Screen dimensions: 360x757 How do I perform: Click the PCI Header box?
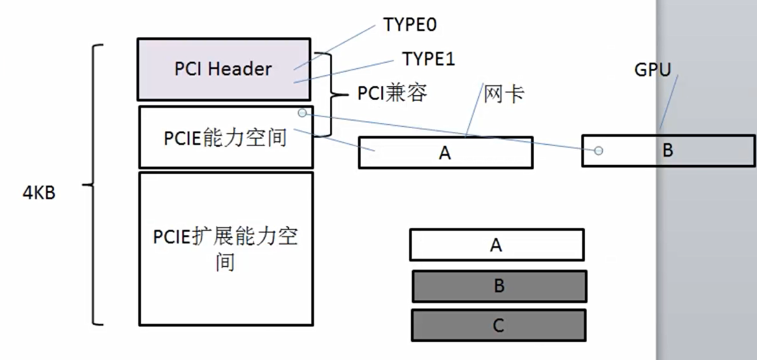tap(223, 69)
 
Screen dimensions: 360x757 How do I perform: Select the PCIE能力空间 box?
tap(225, 137)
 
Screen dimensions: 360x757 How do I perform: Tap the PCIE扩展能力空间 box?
tap(226, 248)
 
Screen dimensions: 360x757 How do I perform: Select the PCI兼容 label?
tap(391, 94)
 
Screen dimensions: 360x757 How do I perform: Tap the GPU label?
tap(652, 70)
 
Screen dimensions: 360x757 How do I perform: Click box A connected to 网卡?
tap(445, 152)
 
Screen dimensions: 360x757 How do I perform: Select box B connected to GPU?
tap(668, 151)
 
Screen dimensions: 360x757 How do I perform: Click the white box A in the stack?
tap(496, 245)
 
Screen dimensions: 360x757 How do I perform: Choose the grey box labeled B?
tap(499, 286)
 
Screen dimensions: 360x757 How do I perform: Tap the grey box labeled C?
tap(498, 326)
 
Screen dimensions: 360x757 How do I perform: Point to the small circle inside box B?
tap(598, 151)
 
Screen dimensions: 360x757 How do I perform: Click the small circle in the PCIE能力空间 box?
tap(302, 113)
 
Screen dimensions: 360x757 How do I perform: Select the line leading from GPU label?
tap(669, 102)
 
